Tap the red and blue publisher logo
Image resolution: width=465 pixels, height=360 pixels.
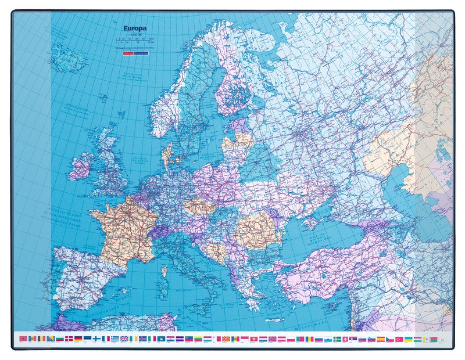point(134,52)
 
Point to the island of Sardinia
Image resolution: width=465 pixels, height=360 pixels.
point(164,271)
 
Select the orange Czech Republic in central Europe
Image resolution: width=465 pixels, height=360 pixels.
point(198,206)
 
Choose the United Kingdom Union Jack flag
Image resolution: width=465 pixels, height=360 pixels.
point(124,339)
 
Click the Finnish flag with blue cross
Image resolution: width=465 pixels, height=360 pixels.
point(96,339)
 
